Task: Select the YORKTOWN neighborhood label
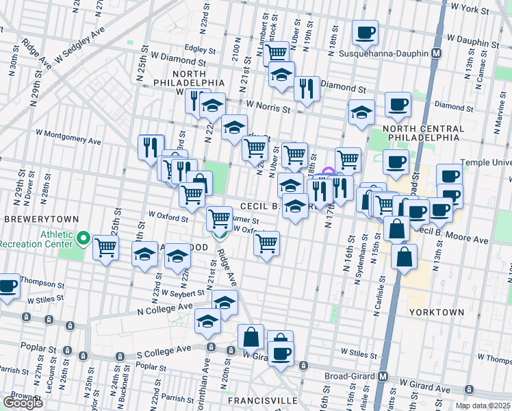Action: (436, 312)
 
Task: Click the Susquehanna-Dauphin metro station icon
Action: (436, 53)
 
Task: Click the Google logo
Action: (23, 402)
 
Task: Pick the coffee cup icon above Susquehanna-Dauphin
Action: (366, 32)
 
